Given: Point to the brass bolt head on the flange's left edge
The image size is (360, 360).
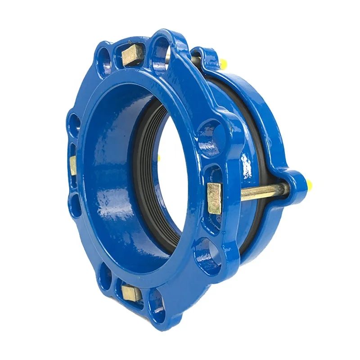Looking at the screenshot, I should [72, 165].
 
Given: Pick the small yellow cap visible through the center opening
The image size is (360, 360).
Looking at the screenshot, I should [158, 157].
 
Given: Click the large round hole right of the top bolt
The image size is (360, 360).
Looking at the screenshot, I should [162, 49].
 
